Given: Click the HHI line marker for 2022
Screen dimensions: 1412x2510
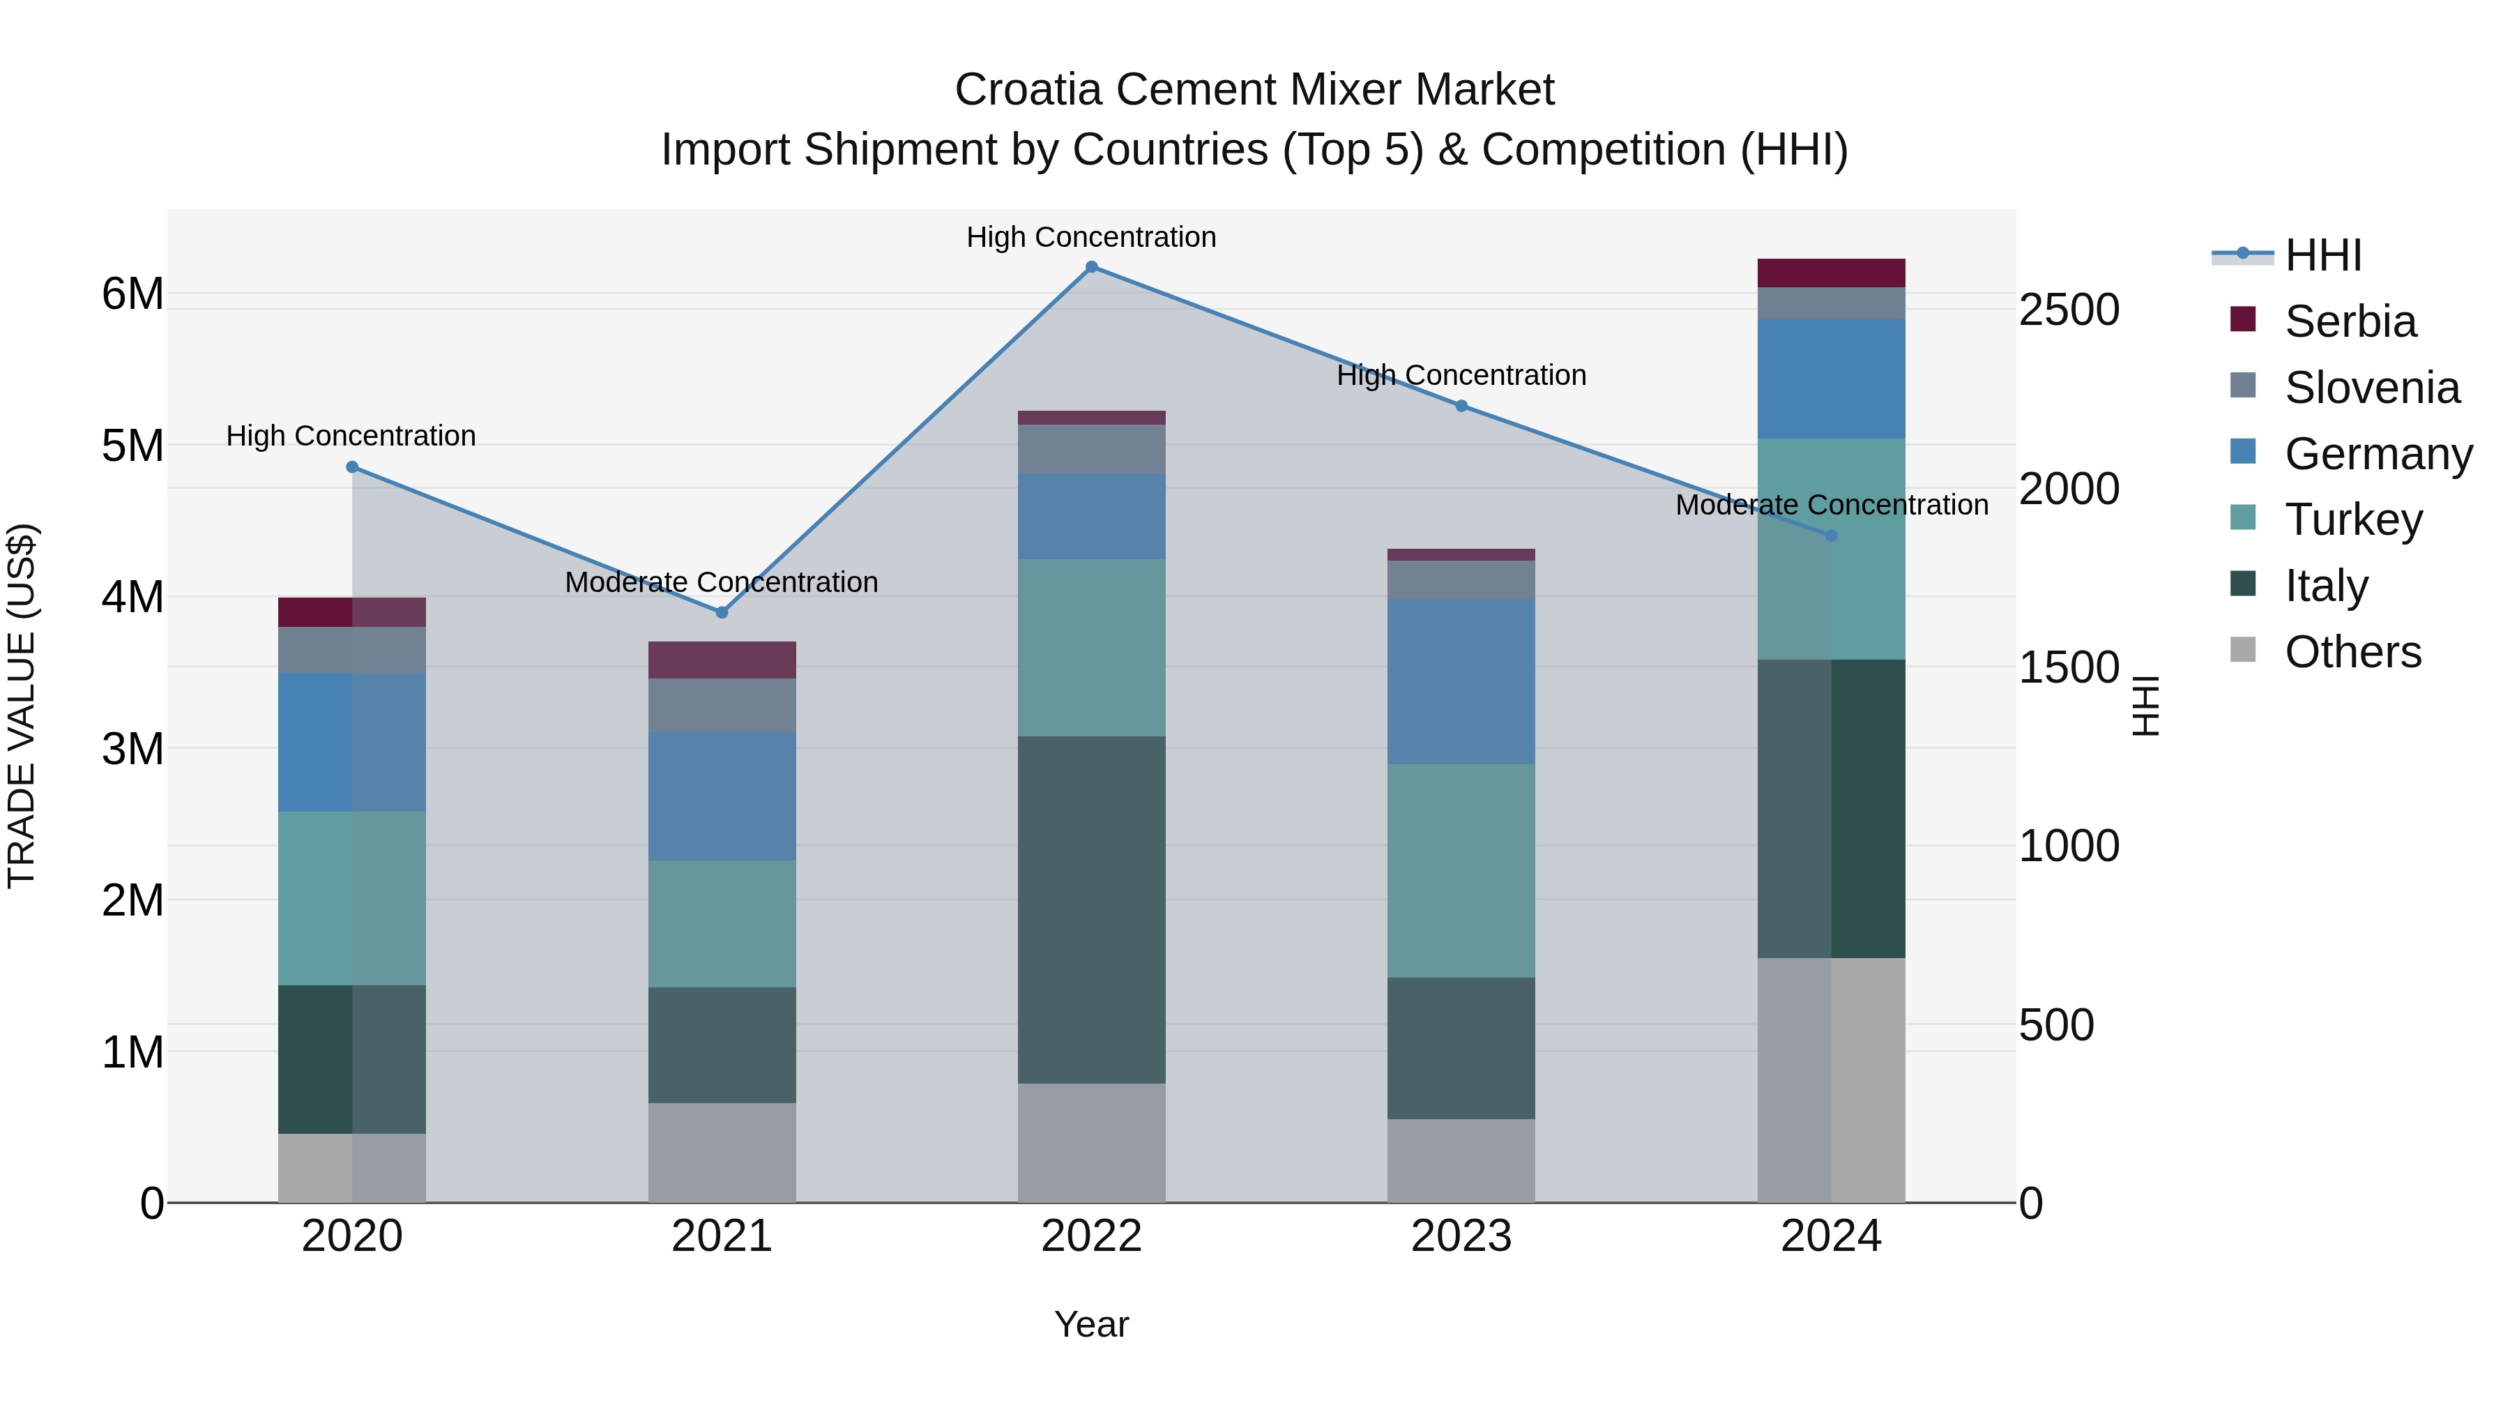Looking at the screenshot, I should (x=1091, y=267).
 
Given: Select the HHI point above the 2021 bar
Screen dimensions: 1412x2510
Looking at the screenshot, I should (x=722, y=613).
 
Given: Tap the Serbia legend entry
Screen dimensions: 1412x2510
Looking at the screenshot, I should (x=2349, y=321).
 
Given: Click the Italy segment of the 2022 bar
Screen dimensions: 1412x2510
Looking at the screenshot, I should (x=1091, y=909).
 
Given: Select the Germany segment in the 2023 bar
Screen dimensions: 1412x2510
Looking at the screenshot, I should (x=1461, y=681).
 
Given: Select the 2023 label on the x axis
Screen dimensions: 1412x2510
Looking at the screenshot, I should (x=1461, y=1236).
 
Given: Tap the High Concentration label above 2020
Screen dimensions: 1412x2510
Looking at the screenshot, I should (x=351, y=436).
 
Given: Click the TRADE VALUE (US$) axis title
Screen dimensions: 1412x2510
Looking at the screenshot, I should (x=22, y=706).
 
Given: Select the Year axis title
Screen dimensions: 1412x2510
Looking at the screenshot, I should (x=1091, y=1324).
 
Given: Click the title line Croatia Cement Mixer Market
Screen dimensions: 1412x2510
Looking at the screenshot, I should (x=1254, y=90).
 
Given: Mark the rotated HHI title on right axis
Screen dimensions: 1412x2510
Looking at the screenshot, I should (x=2145, y=706).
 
